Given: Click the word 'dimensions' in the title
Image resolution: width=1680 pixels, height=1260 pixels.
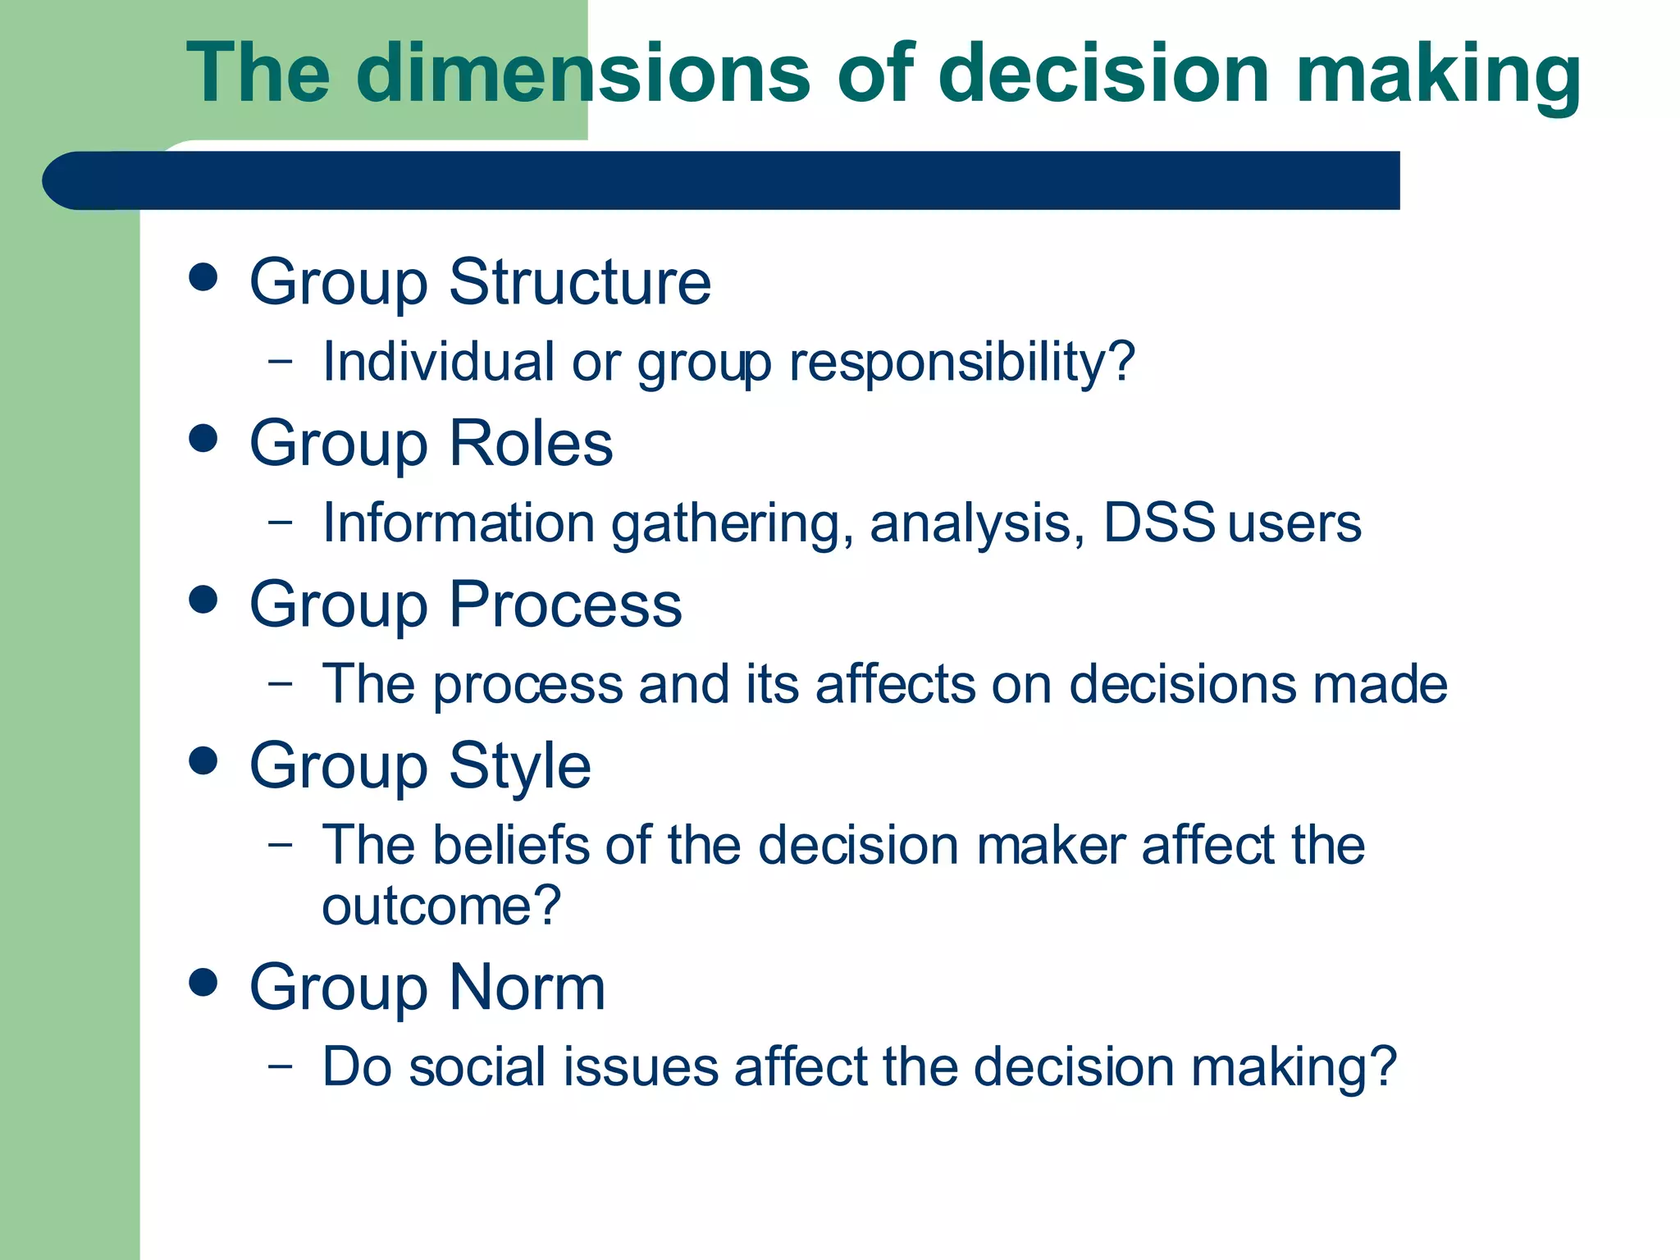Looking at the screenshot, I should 582,74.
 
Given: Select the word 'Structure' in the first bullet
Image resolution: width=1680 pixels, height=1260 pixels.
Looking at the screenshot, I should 580,282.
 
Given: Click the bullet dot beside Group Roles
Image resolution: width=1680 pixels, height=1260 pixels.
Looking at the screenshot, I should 203,438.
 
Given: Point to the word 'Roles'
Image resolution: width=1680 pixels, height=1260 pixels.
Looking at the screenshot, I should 531,444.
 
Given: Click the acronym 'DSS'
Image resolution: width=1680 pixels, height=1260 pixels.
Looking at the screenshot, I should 1158,523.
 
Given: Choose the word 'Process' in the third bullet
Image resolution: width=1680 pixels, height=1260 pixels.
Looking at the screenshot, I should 565,605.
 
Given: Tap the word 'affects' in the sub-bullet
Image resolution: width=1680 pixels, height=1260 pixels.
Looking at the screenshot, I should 895,684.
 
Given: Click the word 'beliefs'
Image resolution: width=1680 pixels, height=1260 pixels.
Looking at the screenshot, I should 511,845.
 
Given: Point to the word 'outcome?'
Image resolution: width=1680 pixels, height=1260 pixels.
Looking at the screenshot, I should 441,906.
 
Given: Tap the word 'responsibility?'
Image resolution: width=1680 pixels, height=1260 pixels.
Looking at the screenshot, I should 961,363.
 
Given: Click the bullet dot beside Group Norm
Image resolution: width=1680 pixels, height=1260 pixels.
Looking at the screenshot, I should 203,982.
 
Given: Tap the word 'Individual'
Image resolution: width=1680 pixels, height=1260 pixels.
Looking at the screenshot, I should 438,361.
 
